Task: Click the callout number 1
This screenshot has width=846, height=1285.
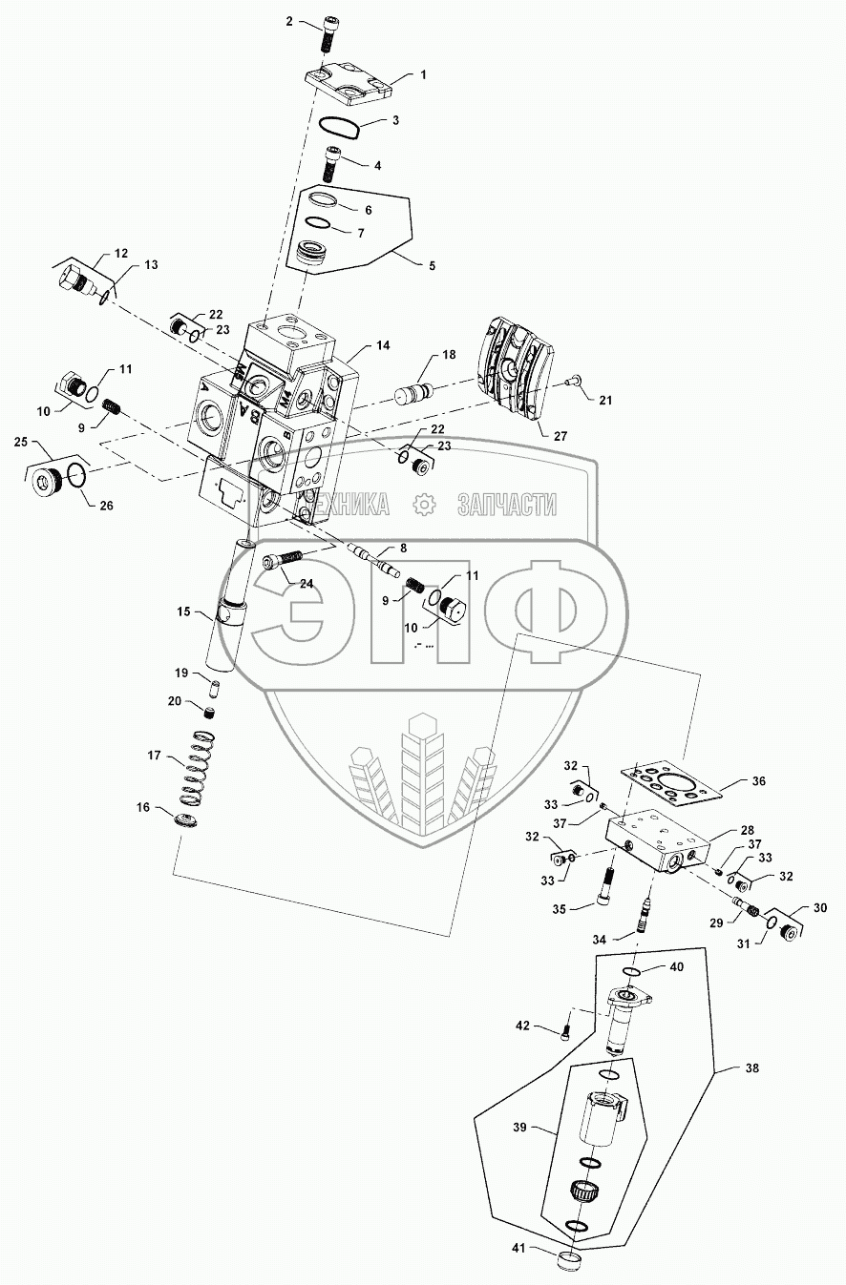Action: [x=424, y=74]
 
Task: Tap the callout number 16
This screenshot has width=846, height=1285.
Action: [x=143, y=807]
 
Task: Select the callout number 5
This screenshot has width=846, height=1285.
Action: [x=432, y=265]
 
